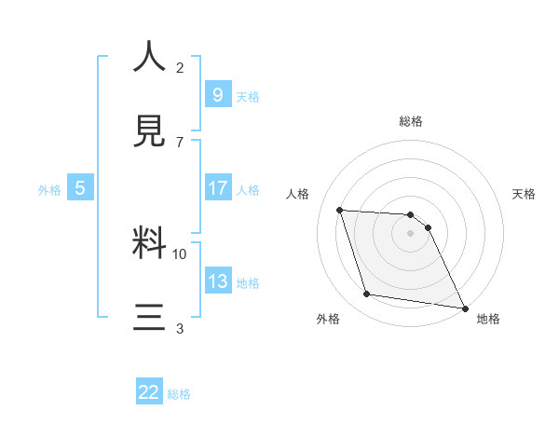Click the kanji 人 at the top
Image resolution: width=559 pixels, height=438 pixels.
(150, 58)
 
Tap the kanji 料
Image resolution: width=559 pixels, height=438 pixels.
(150, 243)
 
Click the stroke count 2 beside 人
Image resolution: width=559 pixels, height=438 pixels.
(180, 68)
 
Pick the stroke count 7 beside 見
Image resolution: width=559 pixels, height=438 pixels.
(180, 142)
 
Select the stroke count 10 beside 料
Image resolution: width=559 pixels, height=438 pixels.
(180, 253)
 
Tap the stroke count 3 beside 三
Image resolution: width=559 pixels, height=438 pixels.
(180, 328)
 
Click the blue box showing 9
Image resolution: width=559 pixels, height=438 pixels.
(217, 94)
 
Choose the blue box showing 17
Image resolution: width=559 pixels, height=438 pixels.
(217, 188)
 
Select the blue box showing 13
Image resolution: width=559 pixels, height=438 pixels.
(217, 281)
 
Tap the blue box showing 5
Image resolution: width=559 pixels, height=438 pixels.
(80, 188)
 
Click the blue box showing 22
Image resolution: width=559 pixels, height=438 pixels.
(149, 392)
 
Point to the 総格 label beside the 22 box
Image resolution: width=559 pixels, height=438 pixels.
(179, 394)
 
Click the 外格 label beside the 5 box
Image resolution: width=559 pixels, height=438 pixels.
(49, 190)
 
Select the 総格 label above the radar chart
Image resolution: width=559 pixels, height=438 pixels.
(411, 121)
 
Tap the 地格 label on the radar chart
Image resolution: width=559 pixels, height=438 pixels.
(488, 320)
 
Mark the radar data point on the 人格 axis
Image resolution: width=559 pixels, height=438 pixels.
(340, 210)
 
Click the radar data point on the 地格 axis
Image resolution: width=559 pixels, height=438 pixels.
(464, 308)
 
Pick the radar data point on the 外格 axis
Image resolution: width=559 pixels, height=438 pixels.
(367, 294)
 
